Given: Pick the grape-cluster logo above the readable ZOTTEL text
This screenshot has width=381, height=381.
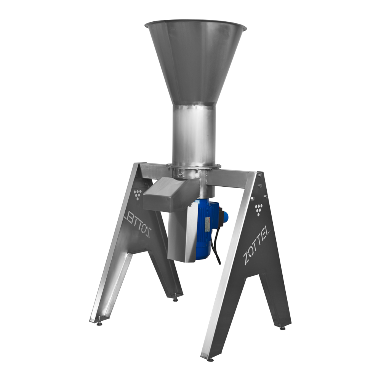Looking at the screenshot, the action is [259, 210].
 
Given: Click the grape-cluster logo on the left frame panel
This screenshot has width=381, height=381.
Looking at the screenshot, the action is [137, 194].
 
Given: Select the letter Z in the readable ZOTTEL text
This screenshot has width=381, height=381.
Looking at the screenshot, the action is [247, 258].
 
